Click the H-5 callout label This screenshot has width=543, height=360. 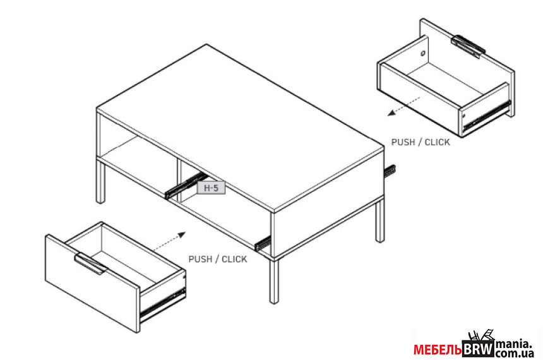(211, 188)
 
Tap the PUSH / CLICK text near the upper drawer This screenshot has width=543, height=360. (421, 142)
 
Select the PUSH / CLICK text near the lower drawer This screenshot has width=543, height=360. (218, 259)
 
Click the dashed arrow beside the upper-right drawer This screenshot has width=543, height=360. (404, 106)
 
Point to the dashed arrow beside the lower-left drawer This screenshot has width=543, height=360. (169, 241)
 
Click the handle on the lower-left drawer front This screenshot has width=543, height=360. (90, 263)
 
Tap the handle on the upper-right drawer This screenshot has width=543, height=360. (468, 45)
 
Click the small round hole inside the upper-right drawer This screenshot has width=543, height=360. (423, 53)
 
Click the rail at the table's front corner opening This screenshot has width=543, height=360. (262, 243)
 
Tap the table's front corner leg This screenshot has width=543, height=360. (274, 280)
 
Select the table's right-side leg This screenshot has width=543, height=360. (380, 220)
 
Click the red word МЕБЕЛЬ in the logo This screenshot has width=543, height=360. (438, 350)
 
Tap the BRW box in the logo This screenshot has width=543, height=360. (478, 349)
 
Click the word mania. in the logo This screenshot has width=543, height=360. (513, 344)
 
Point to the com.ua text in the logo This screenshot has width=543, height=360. (515, 354)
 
